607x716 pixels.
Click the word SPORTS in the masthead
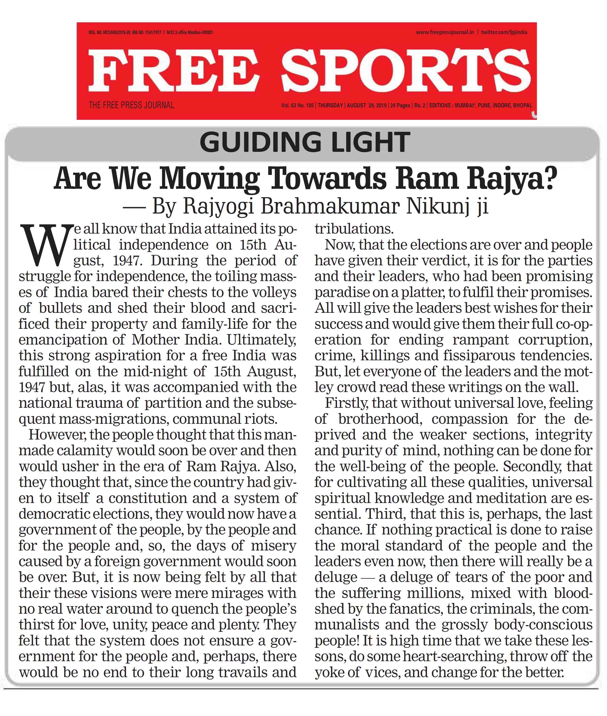coord(406,71)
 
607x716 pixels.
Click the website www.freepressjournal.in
coord(444,32)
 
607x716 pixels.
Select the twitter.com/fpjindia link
coord(504,32)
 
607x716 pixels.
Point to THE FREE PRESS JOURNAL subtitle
coord(132,105)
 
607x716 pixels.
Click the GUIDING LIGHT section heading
coord(305,142)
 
